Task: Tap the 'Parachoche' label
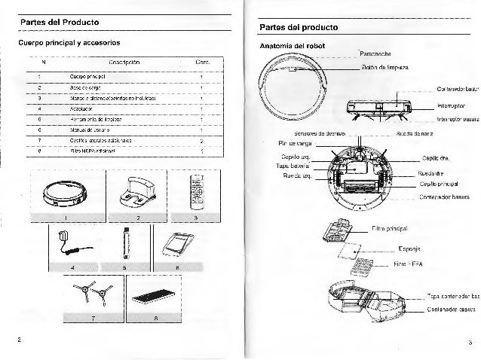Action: coord(375,54)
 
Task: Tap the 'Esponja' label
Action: coord(407,249)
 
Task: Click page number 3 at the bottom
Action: coord(468,343)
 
